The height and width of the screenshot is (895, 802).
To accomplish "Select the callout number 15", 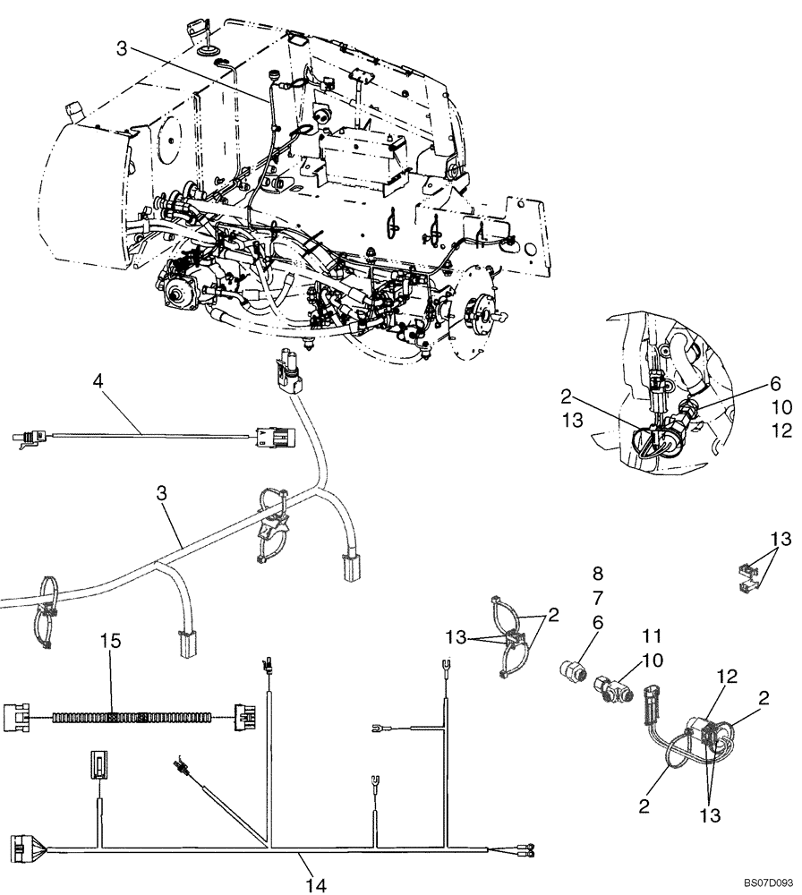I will (x=110, y=643).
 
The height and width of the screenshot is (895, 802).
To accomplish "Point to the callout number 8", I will (x=598, y=572).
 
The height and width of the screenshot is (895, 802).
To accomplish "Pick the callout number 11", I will (x=650, y=636).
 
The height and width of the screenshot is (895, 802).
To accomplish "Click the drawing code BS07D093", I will (x=768, y=882).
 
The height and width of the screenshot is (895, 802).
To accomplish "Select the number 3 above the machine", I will (x=122, y=48).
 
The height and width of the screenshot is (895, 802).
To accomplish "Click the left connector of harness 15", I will (x=18, y=717).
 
